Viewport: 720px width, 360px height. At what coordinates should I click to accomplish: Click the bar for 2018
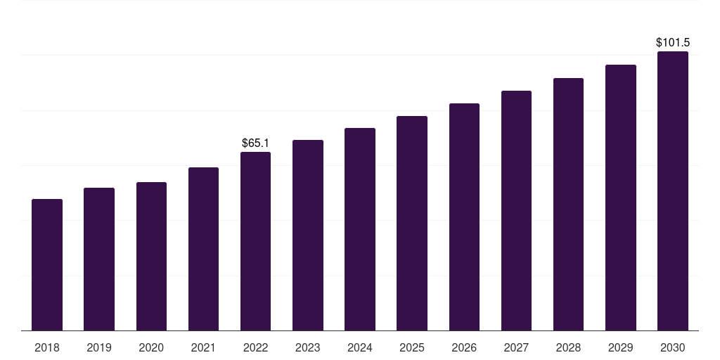pyautogui.click(x=47, y=265)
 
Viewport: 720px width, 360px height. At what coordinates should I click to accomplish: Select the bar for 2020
pyautogui.click(x=151, y=257)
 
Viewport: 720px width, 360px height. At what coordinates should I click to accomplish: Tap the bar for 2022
pyautogui.click(x=255, y=241)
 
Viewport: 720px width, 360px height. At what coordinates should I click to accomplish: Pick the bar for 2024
pyautogui.click(x=360, y=229)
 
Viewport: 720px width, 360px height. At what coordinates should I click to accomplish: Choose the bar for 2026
pyautogui.click(x=464, y=217)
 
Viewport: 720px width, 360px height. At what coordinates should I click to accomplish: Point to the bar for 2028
pyautogui.click(x=568, y=205)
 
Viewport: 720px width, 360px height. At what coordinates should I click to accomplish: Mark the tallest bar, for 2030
pyautogui.click(x=673, y=191)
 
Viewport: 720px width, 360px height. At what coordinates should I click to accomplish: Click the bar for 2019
pyautogui.click(x=99, y=259)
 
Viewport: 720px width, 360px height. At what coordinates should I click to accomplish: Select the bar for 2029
pyautogui.click(x=621, y=198)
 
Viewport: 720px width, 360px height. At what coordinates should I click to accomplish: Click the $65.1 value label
pyautogui.click(x=255, y=143)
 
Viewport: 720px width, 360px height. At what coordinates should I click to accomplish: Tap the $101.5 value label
pyautogui.click(x=673, y=43)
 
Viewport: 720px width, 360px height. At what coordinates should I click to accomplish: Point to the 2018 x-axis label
pyautogui.click(x=47, y=347)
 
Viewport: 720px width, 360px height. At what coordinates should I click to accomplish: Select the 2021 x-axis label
pyautogui.click(x=203, y=347)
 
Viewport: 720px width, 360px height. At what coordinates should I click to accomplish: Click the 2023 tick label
pyautogui.click(x=308, y=347)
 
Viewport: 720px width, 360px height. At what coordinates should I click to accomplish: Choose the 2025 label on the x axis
pyautogui.click(x=412, y=347)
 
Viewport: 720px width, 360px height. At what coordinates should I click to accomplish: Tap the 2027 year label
pyautogui.click(x=516, y=347)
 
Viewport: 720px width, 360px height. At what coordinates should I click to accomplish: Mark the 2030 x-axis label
pyautogui.click(x=673, y=347)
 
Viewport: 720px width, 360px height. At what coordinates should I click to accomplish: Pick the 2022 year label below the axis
pyautogui.click(x=255, y=347)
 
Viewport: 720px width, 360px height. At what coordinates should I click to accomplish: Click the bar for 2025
pyautogui.click(x=412, y=224)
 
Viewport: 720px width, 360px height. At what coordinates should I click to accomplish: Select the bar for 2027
pyautogui.click(x=516, y=211)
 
